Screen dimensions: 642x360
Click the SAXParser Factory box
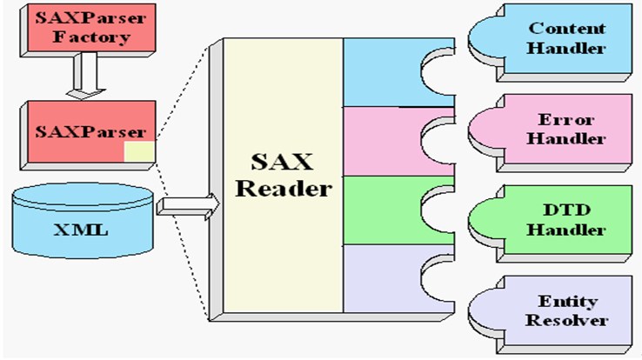coord(88,30)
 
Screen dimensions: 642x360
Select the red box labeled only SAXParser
coord(88,135)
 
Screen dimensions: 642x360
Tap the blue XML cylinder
coord(83,221)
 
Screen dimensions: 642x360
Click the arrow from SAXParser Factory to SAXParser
coord(86,76)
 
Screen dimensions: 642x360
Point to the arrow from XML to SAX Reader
coord(189,207)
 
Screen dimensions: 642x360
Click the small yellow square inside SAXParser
coord(139,152)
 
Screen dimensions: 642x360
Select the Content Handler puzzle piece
coord(551,42)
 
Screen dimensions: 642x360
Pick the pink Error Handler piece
coord(551,132)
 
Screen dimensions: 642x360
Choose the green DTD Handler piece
coord(551,223)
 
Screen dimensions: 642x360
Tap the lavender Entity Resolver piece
coord(551,314)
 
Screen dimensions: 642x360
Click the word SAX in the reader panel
coord(282,162)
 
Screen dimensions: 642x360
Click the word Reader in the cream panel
coord(284,189)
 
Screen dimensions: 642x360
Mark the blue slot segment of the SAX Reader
coord(383,72)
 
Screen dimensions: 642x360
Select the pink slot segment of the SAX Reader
coord(383,142)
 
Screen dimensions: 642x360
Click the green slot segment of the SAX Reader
coord(383,210)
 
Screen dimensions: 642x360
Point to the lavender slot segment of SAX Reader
coord(383,279)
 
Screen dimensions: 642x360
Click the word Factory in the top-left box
coord(91,37)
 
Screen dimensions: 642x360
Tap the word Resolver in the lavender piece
coord(566,320)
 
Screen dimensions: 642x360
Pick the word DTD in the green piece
coord(567,210)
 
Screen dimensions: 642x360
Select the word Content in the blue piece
coord(567,29)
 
